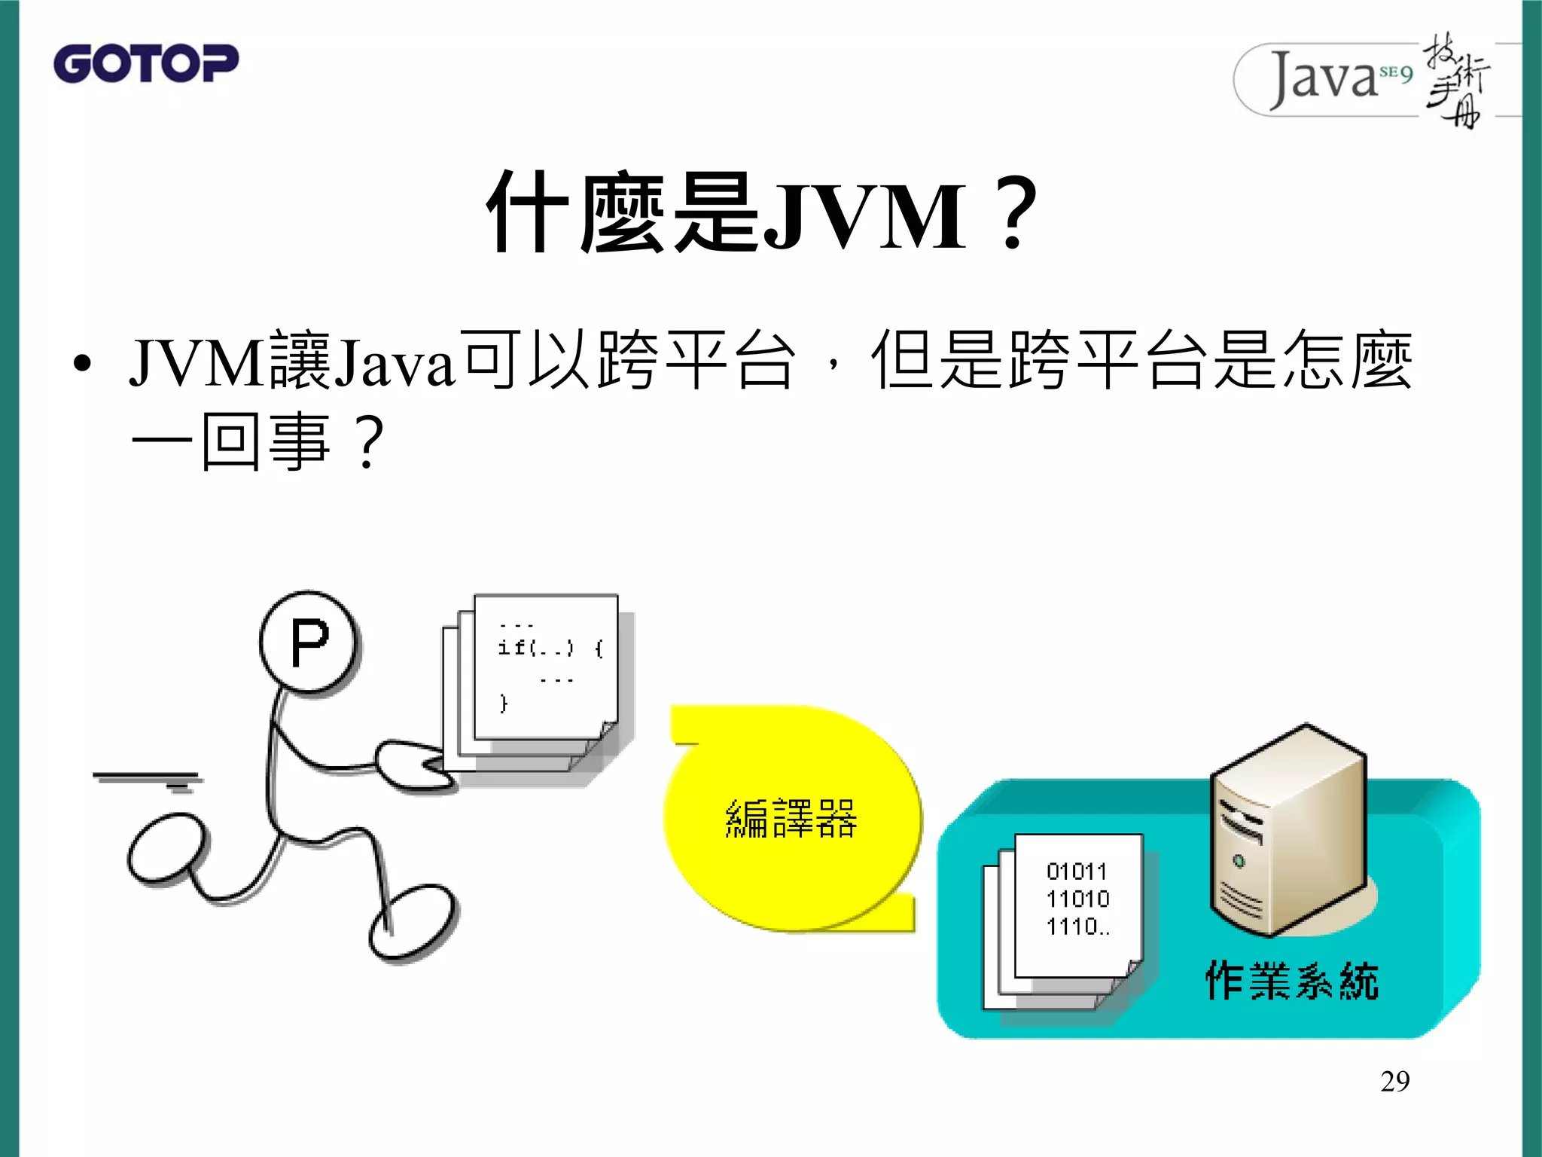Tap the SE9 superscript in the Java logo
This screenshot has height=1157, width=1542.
[x=1395, y=73]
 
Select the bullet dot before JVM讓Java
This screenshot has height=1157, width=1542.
[x=82, y=365]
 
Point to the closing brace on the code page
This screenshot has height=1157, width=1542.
[x=504, y=704]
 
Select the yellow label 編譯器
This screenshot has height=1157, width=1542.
[x=791, y=819]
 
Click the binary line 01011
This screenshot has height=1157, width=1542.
[x=1077, y=872]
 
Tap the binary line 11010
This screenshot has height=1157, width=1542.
[x=1077, y=899]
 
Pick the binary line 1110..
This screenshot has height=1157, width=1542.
[x=1077, y=927]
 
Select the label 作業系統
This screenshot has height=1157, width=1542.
[x=1291, y=981]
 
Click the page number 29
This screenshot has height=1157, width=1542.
[x=1394, y=1081]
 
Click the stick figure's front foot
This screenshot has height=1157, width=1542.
[x=413, y=923]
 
